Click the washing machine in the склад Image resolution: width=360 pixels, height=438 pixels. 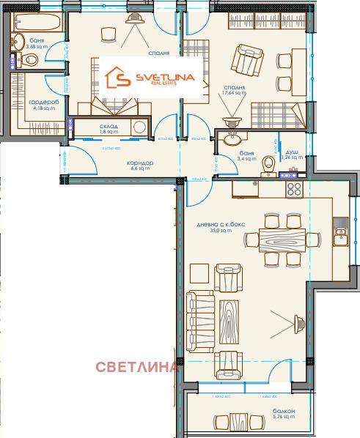point(139,127)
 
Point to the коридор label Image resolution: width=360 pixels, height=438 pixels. point(139,164)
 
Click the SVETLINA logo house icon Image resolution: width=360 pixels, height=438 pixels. point(118,76)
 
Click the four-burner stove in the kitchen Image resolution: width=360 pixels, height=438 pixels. point(293,189)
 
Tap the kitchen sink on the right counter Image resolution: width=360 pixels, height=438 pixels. point(339,234)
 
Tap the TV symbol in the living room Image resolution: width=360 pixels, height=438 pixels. point(298,320)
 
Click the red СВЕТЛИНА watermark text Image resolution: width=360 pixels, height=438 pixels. point(136,367)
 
